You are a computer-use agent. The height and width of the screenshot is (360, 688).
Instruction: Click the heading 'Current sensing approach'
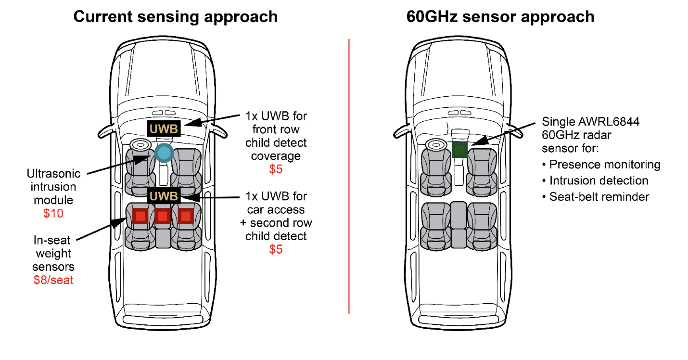[175, 16]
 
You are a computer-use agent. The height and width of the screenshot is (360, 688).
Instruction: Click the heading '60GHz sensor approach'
[500, 16]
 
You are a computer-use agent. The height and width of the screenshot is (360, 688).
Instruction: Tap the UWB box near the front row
[164, 128]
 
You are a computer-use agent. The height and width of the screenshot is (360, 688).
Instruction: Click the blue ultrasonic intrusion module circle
[164, 153]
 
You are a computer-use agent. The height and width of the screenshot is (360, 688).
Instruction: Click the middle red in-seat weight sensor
[163, 216]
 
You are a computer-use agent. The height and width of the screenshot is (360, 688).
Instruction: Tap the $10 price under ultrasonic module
[53, 213]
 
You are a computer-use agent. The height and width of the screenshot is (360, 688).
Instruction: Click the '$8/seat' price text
[53, 280]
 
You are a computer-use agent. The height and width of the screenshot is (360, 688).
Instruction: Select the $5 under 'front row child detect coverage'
[276, 169]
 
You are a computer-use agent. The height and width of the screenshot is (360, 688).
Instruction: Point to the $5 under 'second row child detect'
[276, 249]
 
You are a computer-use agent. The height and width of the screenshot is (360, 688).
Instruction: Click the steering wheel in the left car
[140, 145]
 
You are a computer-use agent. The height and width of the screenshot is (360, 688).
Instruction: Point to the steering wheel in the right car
[436, 145]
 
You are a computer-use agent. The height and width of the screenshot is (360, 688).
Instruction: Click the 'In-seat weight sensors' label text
[53, 253]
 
